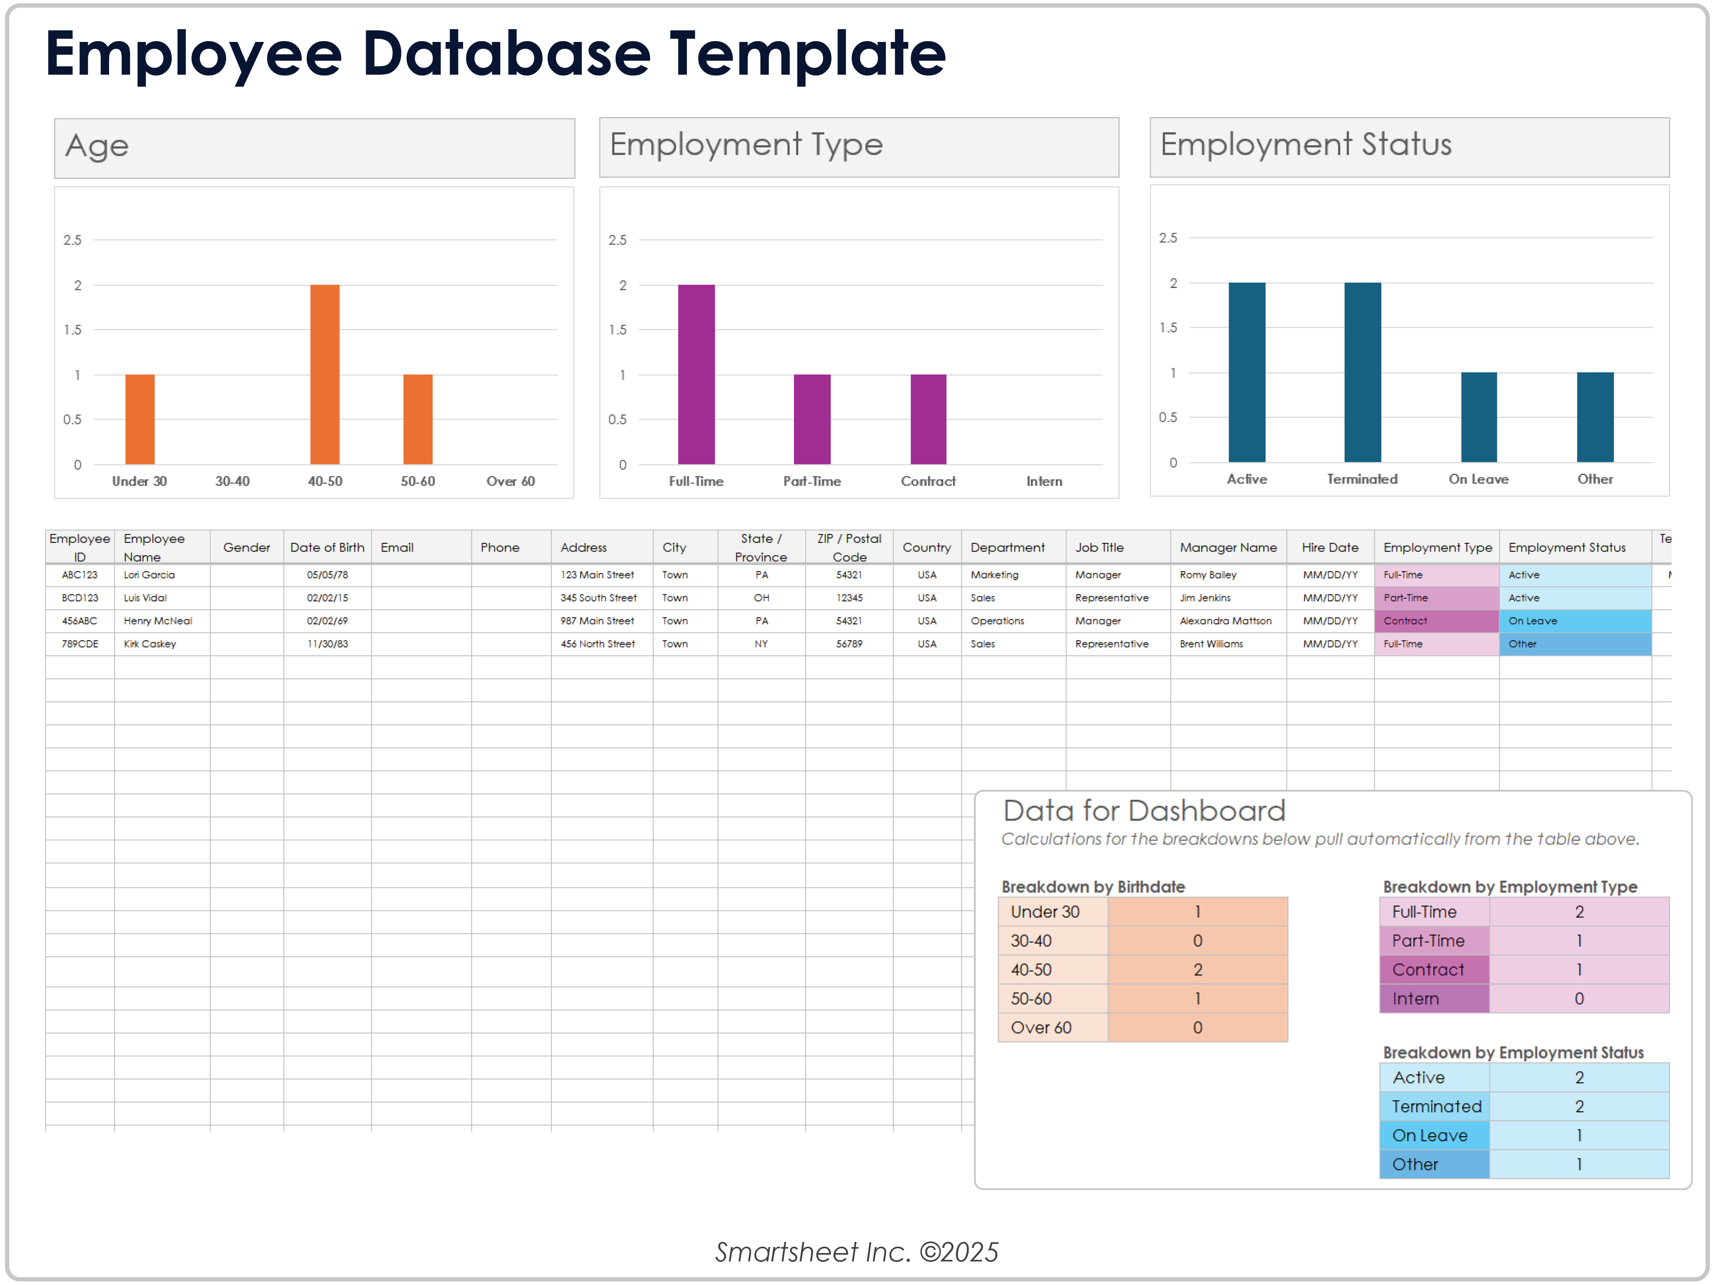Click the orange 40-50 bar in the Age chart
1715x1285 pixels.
[325, 374]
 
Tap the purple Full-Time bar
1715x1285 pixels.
[696, 374]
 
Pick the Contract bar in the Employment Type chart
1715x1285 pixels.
[928, 419]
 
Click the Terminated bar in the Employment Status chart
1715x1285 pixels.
[1362, 372]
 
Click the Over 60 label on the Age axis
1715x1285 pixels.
[510, 481]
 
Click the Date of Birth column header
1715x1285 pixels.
[327, 547]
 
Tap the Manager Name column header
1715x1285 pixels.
[1228, 547]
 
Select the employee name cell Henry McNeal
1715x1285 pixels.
[158, 621]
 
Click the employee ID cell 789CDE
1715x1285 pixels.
[80, 644]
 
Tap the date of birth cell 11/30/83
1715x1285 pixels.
[327, 644]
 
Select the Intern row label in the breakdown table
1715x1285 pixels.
[1416, 999]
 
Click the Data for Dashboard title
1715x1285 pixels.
[1144, 811]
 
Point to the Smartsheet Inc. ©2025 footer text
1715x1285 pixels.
[857, 1252]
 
